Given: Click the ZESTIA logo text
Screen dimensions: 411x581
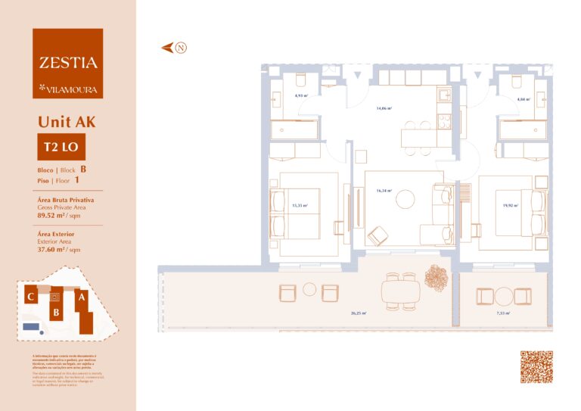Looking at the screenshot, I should (x=68, y=63).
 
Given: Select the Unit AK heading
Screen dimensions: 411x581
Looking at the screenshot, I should (x=67, y=121).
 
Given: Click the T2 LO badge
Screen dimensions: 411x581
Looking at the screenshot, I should (x=57, y=146).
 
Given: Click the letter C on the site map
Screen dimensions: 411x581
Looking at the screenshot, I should (x=30, y=297).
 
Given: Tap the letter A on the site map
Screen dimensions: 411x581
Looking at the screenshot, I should (x=80, y=297).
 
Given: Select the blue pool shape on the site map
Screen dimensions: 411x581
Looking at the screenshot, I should (x=31, y=326).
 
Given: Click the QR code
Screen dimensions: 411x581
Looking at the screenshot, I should (x=536, y=367).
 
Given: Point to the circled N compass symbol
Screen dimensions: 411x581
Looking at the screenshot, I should (x=181, y=48).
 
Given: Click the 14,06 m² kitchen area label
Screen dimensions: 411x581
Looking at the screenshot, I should (x=384, y=108).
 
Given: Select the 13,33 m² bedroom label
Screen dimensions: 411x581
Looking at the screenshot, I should (x=300, y=204).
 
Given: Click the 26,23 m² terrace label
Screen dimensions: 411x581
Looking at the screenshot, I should (x=358, y=313).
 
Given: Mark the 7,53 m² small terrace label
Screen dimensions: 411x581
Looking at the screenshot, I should (x=502, y=313).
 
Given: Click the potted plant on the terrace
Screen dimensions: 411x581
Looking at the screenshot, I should (x=437, y=277).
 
